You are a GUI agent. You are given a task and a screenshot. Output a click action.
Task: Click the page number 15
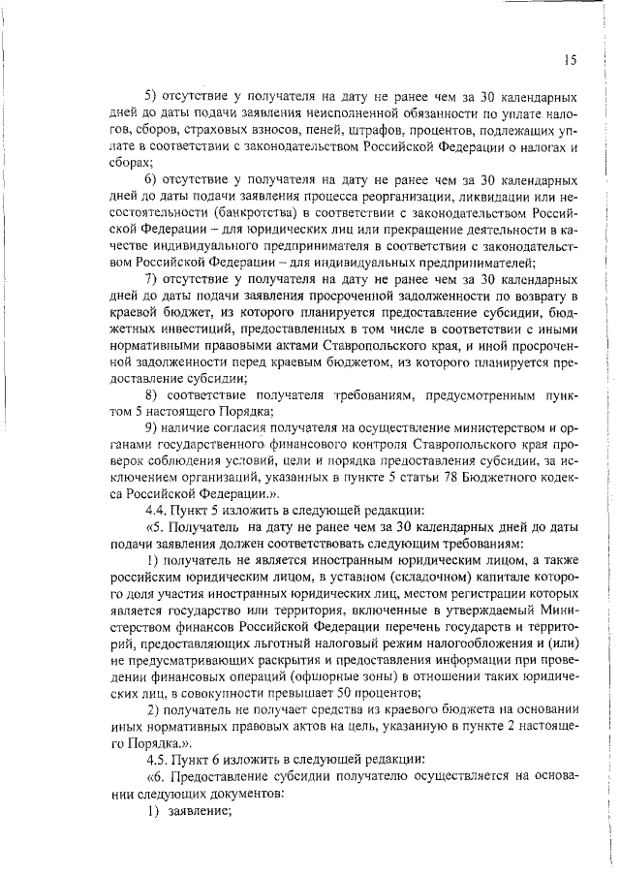tap(570, 60)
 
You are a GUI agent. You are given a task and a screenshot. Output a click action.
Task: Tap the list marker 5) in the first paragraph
tap(151, 97)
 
